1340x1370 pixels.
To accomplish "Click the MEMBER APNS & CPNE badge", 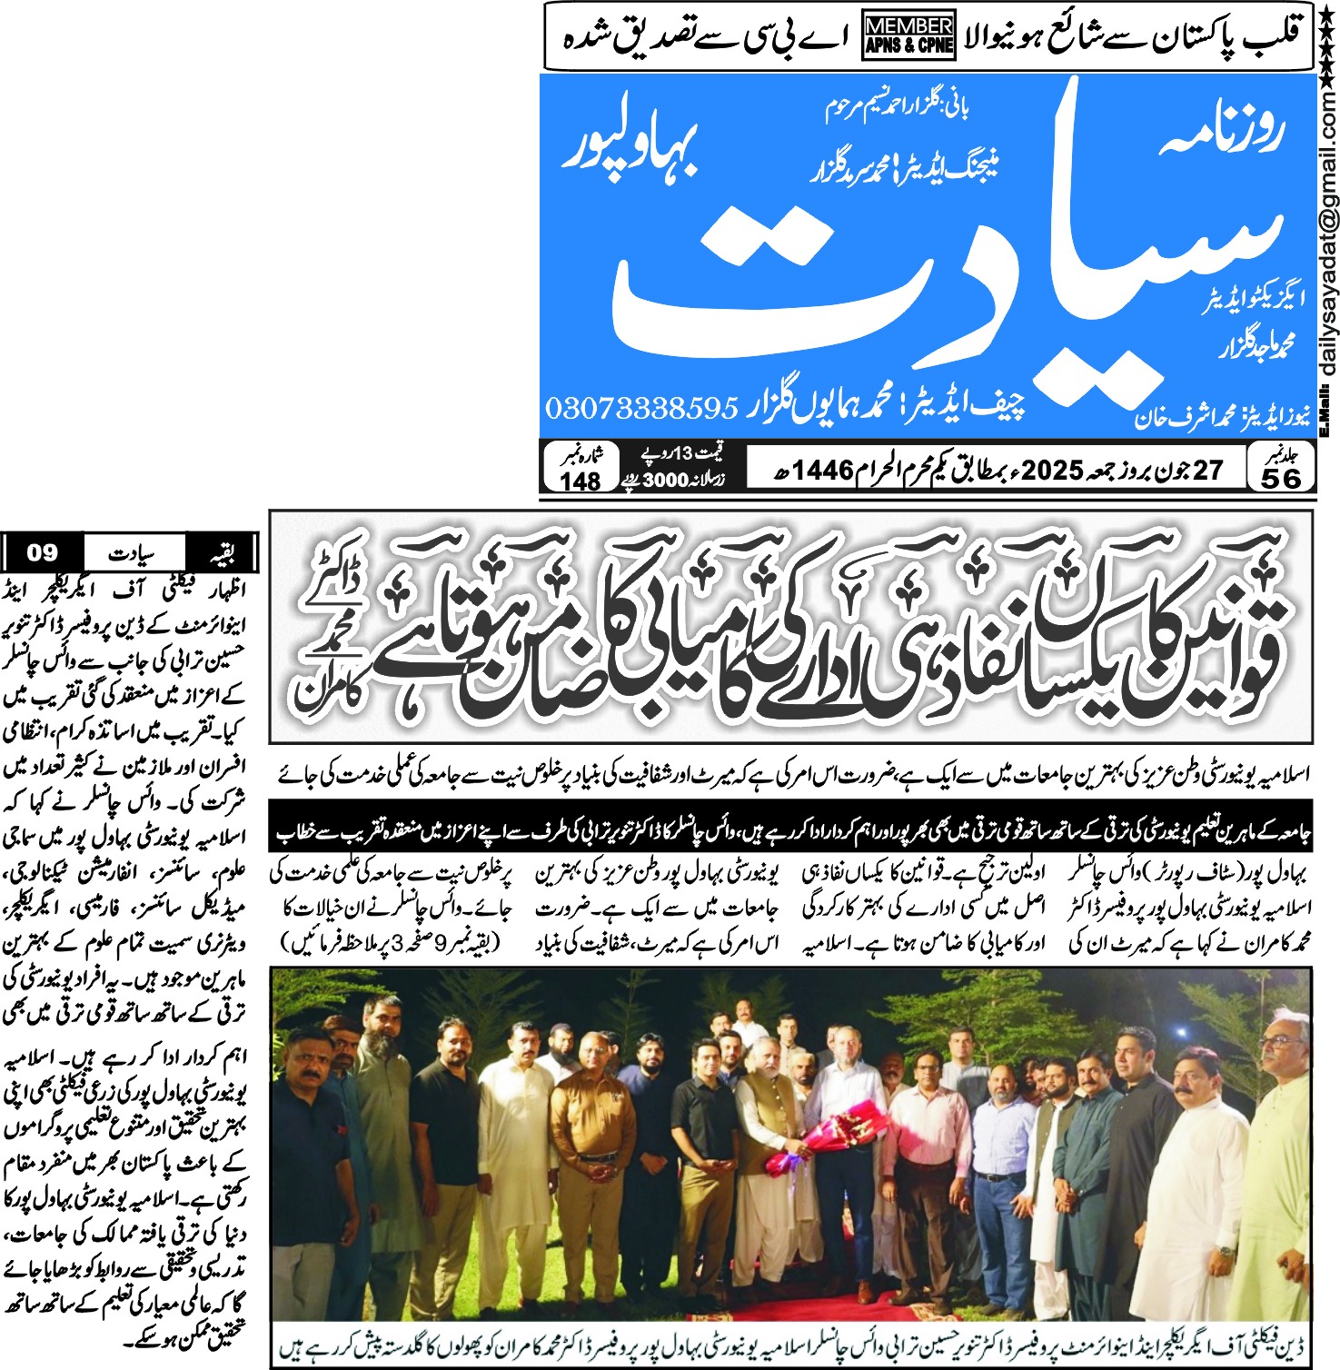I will point(908,35).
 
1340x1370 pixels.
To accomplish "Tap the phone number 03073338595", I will point(641,408).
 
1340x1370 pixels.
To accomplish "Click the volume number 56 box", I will point(1281,478).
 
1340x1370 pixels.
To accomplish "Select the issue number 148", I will point(580,481).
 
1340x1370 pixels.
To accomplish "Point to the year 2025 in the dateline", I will point(1052,470).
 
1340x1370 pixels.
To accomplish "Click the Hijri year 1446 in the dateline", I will point(823,471).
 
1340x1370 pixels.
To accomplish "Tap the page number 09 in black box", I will point(42,552).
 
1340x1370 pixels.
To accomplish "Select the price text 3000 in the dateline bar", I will point(665,481).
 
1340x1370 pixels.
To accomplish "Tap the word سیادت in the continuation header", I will point(133,553).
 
